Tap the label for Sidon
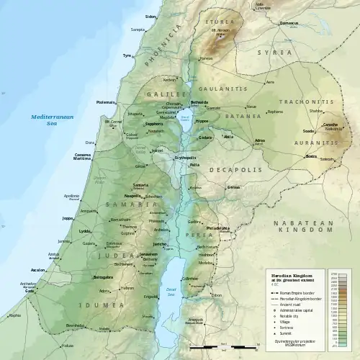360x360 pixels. (x=150, y=16)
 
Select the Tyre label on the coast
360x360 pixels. (x=127, y=55)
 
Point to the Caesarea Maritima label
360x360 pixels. (x=86, y=157)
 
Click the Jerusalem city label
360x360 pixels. (x=148, y=255)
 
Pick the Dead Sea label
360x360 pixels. (x=171, y=290)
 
